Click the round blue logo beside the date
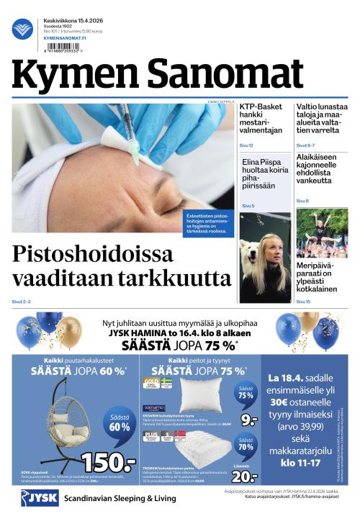point(22,29)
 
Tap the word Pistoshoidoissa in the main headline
point(93,254)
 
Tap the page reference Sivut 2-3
point(22,300)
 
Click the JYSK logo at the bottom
point(40,498)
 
